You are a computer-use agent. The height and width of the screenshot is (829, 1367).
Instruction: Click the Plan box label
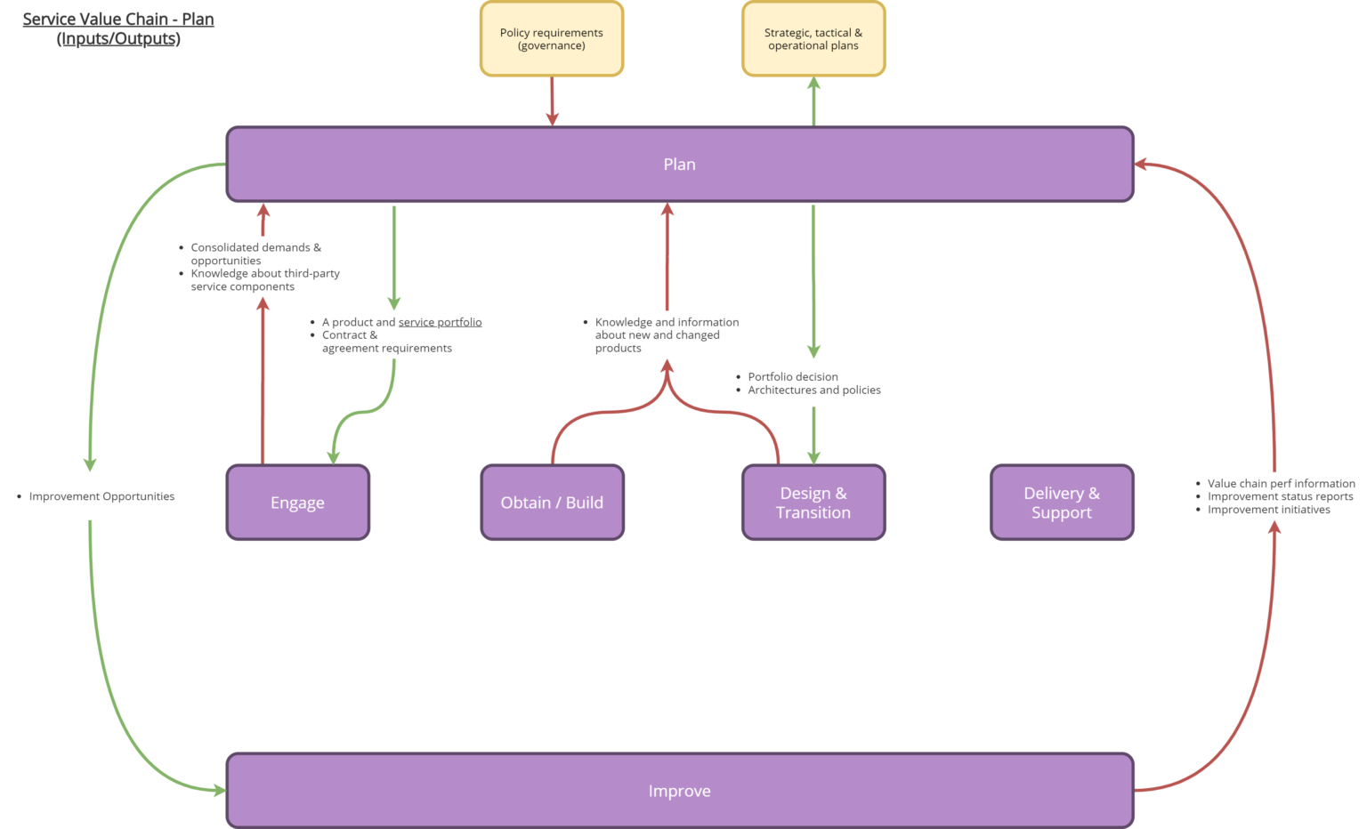(x=679, y=165)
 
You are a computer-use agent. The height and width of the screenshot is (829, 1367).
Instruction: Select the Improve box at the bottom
(x=679, y=791)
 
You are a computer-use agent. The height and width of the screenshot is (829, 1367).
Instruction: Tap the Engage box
(x=297, y=503)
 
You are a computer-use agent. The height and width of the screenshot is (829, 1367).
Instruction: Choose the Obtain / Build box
(x=552, y=503)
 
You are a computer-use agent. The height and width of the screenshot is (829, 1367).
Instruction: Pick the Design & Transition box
(x=813, y=503)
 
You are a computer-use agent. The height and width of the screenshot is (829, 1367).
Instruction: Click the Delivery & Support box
(x=1061, y=503)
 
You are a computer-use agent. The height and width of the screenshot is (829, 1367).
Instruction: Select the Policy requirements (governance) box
(x=551, y=39)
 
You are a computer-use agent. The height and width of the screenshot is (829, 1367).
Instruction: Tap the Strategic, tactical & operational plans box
(x=813, y=39)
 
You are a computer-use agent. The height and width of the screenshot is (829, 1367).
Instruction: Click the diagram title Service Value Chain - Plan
(x=118, y=20)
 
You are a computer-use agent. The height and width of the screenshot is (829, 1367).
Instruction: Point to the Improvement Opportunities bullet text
(x=101, y=496)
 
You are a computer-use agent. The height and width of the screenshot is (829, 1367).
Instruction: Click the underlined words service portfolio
(x=440, y=322)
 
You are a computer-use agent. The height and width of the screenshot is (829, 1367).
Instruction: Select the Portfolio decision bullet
(x=792, y=377)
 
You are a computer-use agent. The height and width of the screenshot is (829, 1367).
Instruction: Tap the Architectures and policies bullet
(x=813, y=390)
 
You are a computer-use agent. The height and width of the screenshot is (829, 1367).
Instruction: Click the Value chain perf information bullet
(x=1281, y=484)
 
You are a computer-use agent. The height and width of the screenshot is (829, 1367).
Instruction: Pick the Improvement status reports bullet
(x=1280, y=496)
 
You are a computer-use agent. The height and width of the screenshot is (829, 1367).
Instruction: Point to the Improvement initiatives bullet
(x=1268, y=510)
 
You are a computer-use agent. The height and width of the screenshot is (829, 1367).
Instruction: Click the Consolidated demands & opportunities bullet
(x=255, y=254)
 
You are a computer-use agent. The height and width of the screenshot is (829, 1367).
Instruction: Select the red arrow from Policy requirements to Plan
(x=552, y=101)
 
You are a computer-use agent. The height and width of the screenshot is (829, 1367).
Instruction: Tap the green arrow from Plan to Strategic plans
(x=813, y=101)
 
